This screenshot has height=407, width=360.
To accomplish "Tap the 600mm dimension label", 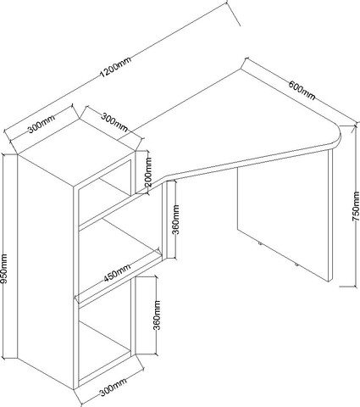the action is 302,90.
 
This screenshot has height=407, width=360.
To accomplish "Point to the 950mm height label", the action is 4,269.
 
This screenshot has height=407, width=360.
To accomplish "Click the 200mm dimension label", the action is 148,172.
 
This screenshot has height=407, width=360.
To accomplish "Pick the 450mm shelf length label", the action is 117,272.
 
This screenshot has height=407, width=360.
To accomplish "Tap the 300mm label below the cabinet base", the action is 113,387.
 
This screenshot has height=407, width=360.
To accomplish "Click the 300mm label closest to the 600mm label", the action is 114,122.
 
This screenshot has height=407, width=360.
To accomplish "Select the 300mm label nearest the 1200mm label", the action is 42,125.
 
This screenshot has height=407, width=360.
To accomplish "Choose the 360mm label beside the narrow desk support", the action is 176,220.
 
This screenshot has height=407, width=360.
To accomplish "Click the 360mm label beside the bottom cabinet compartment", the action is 157,315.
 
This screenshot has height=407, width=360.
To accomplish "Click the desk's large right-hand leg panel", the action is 285,215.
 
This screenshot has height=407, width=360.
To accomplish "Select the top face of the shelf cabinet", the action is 76,153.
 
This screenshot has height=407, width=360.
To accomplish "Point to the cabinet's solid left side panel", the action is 45,272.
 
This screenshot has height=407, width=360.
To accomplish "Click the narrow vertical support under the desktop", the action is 170,219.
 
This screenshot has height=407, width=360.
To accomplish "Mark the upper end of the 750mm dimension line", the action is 355,125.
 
